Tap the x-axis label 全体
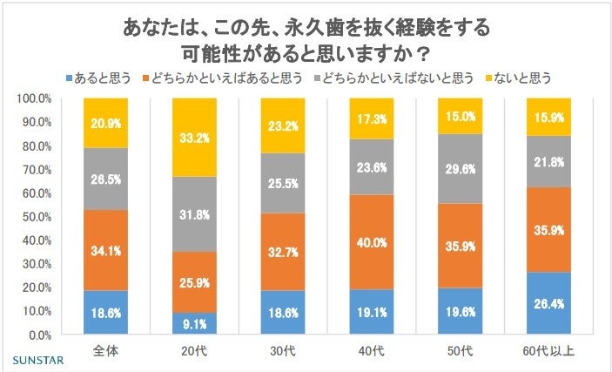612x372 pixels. tap(105, 350)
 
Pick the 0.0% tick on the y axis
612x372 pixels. tap(40, 335)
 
